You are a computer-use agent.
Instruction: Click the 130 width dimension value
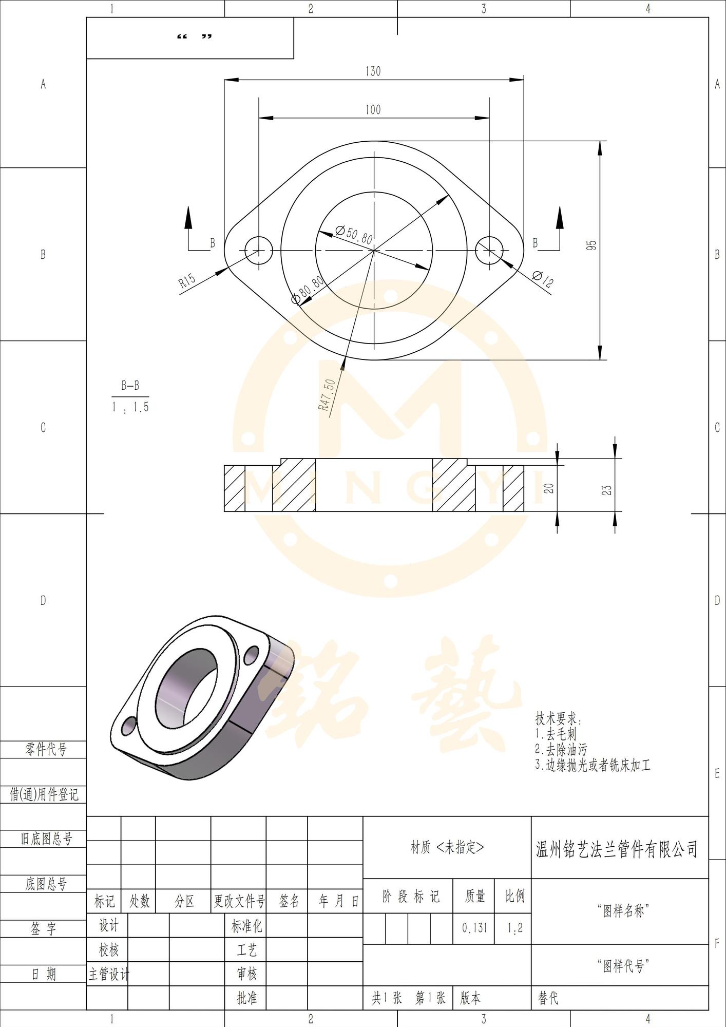pyautogui.click(x=373, y=71)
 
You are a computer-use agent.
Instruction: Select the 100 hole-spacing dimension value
pyautogui.click(x=373, y=110)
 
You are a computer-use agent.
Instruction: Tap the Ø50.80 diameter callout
pyautogui.click(x=354, y=235)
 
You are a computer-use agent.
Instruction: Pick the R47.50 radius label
pyautogui.click(x=327, y=395)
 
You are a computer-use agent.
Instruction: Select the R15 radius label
pyautogui.click(x=187, y=281)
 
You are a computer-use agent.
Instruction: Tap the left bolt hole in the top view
pyautogui.click(x=259, y=251)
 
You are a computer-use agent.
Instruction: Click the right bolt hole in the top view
pyautogui.click(x=489, y=251)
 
